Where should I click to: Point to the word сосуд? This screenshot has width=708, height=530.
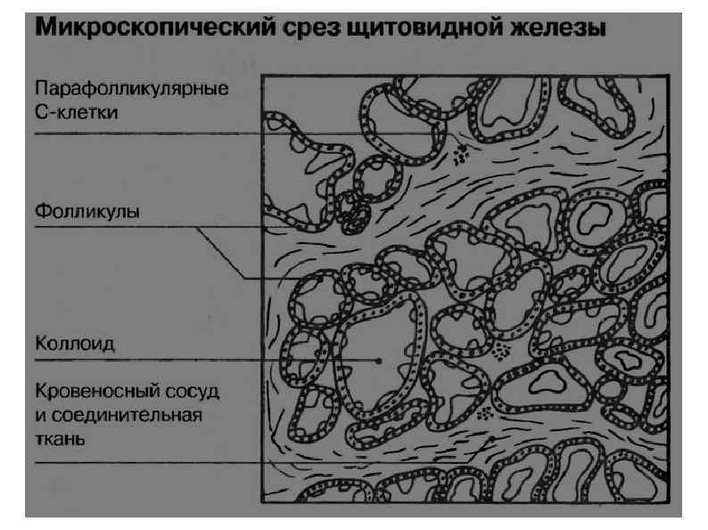pos(193,393)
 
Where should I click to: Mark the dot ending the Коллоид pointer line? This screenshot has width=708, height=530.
pos(380,361)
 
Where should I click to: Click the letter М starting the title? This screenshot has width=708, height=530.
pos(46,29)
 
